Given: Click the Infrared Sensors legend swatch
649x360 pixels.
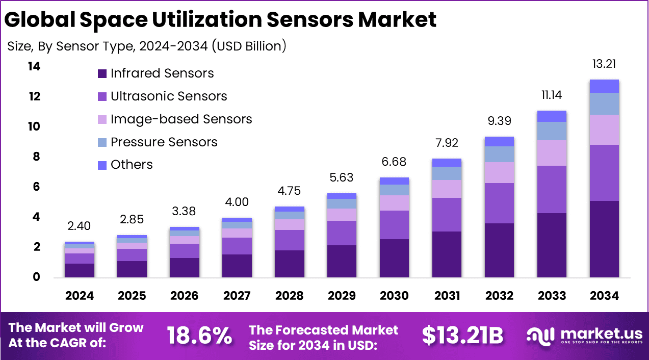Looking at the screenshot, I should tap(102, 74).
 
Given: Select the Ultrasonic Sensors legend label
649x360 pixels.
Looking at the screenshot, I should tap(169, 96).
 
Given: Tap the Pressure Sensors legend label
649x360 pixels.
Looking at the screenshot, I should tap(164, 142).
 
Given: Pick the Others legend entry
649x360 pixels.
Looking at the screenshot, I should tap(132, 165).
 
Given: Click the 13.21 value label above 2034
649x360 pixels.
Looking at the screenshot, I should tap(604, 64).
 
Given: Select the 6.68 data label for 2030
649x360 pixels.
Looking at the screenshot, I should tap(395, 162).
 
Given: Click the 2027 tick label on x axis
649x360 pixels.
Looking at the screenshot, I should tap(237, 296).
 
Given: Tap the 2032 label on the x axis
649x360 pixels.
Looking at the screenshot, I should tap(499, 296).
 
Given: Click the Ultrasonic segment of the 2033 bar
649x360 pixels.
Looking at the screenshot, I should tap(551, 189).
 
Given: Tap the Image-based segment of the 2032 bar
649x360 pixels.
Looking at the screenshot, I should tap(499, 172).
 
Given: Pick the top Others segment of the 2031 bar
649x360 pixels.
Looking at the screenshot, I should tap(447, 163).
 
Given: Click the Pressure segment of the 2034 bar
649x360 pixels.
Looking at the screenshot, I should tap(604, 104).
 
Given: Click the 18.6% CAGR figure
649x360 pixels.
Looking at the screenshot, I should tap(199, 336).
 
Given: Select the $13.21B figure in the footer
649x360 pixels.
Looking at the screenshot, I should tap(462, 336).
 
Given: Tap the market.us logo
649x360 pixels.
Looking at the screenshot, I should tap(584, 336).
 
